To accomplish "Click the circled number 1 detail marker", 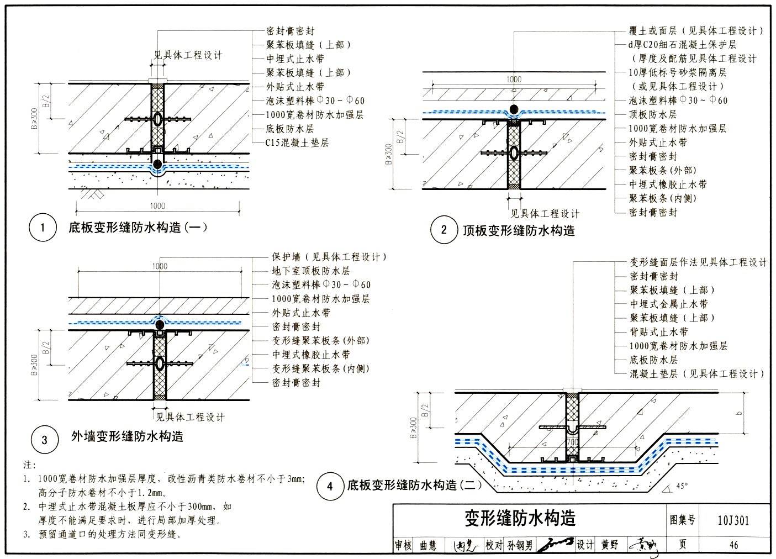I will (x=43, y=228).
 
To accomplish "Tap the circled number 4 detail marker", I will (x=330, y=486).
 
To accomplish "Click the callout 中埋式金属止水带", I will (x=668, y=304).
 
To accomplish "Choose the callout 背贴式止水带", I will (x=659, y=332).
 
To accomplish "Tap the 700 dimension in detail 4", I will (x=572, y=442).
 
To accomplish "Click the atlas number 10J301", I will (x=733, y=520).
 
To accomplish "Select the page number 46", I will (x=733, y=545).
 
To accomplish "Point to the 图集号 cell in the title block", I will (x=682, y=520).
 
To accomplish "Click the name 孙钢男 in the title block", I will (x=520, y=545).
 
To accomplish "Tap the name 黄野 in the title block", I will (x=610, y=545).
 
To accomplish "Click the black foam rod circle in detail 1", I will (x=158, y=164).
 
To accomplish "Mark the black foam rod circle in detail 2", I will (x=514, y=109).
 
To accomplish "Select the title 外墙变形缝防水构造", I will (x=127, y=436).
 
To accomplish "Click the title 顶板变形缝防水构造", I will (x=519, y=230).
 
